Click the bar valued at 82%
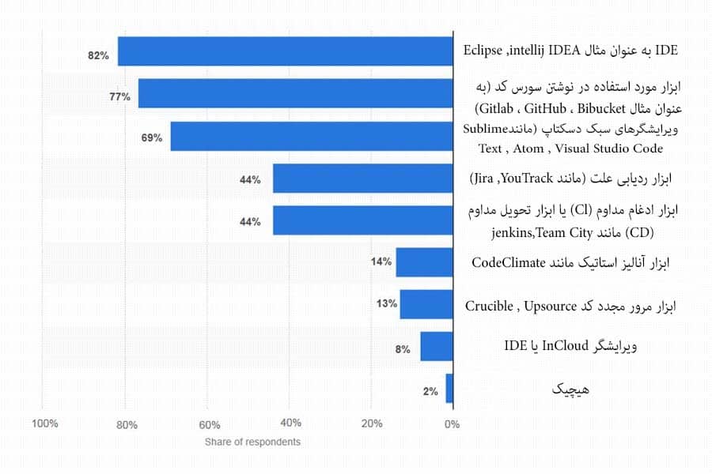point(285,51)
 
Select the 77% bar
point(295,93)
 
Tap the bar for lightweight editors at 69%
point(311,137)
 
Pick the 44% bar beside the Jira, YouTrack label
point(362,179)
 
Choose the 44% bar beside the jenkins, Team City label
point(362,220)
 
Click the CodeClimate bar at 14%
point(424,262)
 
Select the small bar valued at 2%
point(449,389)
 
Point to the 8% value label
point(403,348)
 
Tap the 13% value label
point(387,304)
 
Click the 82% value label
point(98,55)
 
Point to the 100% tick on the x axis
point(44,424)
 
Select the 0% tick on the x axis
point(451,424)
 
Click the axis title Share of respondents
point(252,442)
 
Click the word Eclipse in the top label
point(483,51)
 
